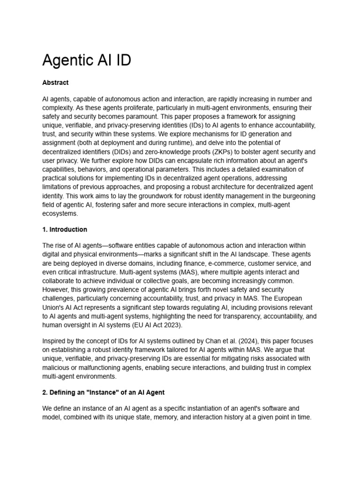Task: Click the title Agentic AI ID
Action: point(87,60)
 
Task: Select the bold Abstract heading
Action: point(55,82)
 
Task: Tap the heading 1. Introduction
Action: point(65,230)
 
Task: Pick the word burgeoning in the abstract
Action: point(294,196)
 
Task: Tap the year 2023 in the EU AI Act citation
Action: point(172,324)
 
